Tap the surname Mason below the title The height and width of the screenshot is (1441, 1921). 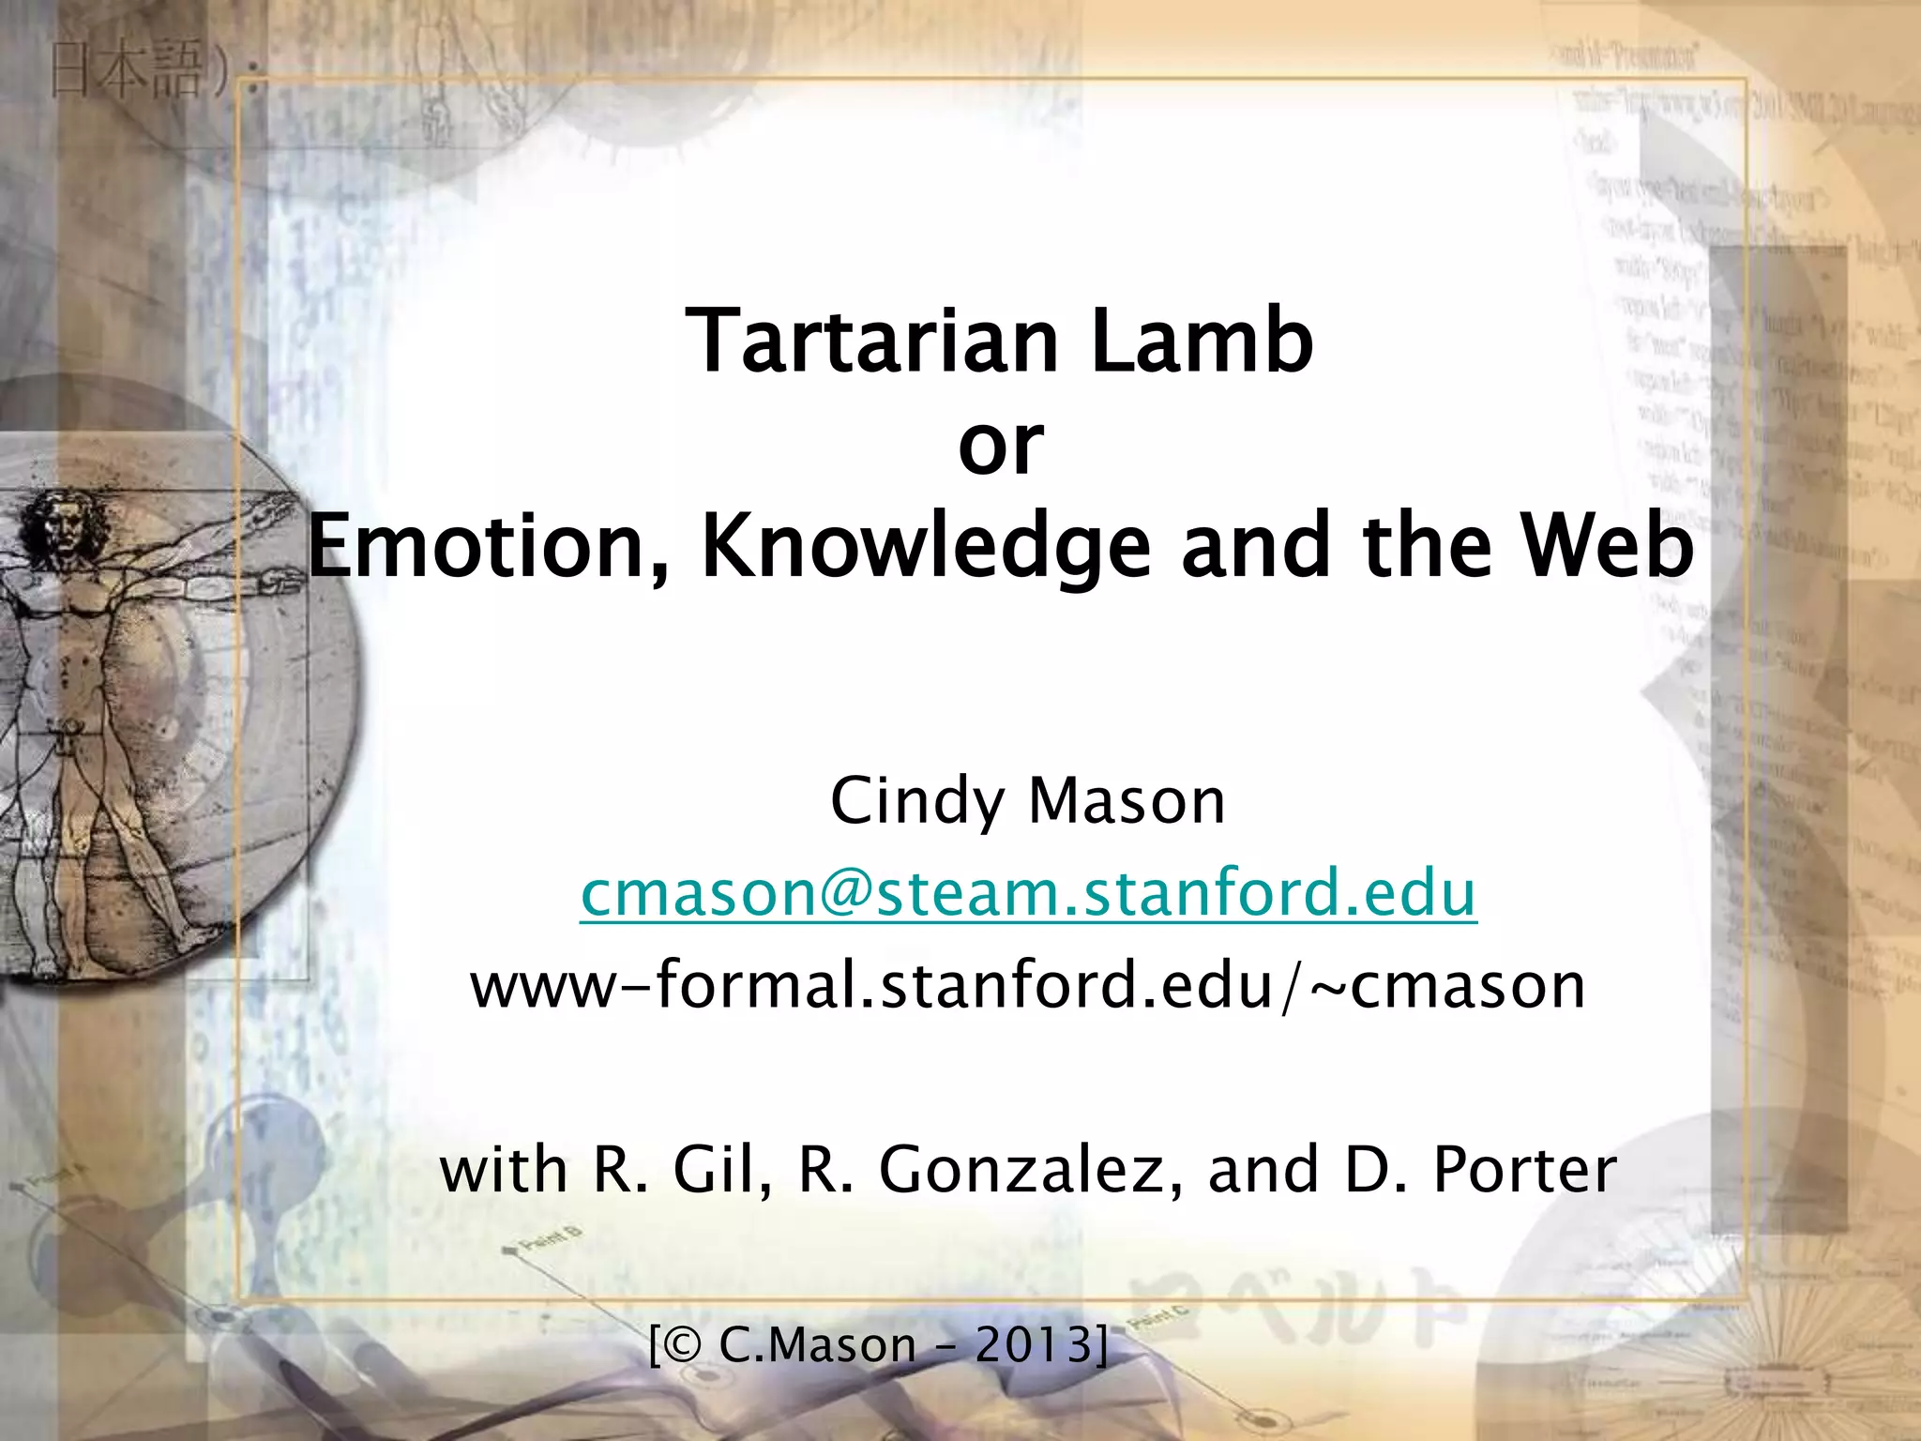[1127, 801]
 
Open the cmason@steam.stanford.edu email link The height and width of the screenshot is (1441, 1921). [1028, 893]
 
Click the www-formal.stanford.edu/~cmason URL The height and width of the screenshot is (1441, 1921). [1028, 985]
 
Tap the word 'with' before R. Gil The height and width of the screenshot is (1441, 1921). [504, 1170]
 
